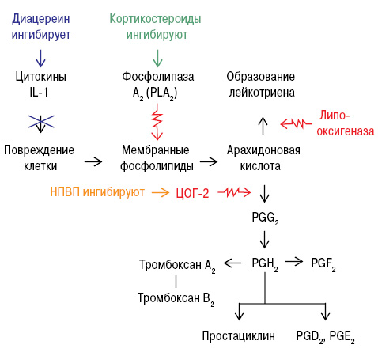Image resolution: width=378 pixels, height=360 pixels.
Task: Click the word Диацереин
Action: point(41,20)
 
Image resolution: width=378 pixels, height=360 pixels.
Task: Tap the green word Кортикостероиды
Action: point(155,20)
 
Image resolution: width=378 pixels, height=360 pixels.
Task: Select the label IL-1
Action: point(39,93)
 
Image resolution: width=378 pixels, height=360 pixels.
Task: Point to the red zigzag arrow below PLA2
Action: point(157,122)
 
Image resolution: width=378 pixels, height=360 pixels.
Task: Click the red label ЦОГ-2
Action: point(192,193)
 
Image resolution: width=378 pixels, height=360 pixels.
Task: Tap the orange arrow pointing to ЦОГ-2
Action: point(161,192)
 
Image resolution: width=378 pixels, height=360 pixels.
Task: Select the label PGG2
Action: point(265,218)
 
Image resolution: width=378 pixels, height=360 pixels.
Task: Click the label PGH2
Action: point(265,264)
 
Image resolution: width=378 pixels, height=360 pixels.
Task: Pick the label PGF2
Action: point(323,264)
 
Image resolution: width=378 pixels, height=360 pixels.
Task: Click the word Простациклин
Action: point(238,336)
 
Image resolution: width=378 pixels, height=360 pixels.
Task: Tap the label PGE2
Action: point(342,337)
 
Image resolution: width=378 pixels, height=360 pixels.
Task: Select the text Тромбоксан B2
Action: point(176,299)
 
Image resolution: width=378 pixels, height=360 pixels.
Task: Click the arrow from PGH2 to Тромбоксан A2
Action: point(232,263)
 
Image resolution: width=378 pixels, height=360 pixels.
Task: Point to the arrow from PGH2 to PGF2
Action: point(294,262)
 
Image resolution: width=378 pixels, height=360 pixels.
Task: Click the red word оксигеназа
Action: point(346,131)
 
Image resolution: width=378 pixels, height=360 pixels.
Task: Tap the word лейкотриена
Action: point(262,93)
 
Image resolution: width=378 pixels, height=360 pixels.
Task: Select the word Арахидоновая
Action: point(263,150)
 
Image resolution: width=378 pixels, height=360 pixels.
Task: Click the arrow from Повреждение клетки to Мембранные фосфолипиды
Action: point(93,161)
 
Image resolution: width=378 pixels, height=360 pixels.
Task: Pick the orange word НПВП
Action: point(65,191)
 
